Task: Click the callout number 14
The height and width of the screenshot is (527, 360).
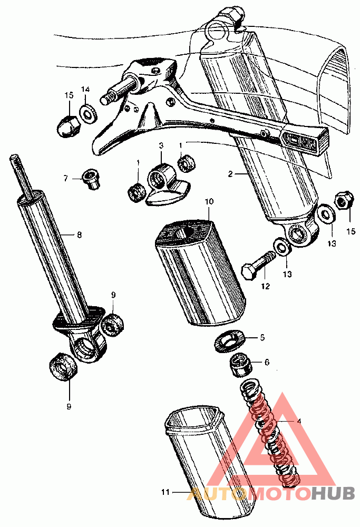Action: point(85,90)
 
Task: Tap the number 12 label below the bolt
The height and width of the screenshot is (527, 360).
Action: point(265,286)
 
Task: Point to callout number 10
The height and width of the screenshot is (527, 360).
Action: point(209,202)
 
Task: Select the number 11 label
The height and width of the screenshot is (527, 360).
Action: point(165,492)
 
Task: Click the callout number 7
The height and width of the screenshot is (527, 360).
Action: point(66,178)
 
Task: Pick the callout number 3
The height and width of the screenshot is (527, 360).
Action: point(161,145)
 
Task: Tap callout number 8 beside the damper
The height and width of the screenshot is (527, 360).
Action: point(80,235)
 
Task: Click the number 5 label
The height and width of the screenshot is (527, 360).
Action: point(262,337)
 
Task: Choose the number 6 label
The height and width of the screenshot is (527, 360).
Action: point(267,362)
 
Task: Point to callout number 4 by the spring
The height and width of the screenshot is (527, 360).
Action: point(299,421)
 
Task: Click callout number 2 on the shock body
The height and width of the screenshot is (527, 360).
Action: point(230,174)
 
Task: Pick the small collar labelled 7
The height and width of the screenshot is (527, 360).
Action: point(91,179)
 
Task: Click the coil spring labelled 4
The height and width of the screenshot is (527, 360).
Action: point(269,433)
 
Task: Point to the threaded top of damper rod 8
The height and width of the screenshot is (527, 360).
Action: point(18,174)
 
